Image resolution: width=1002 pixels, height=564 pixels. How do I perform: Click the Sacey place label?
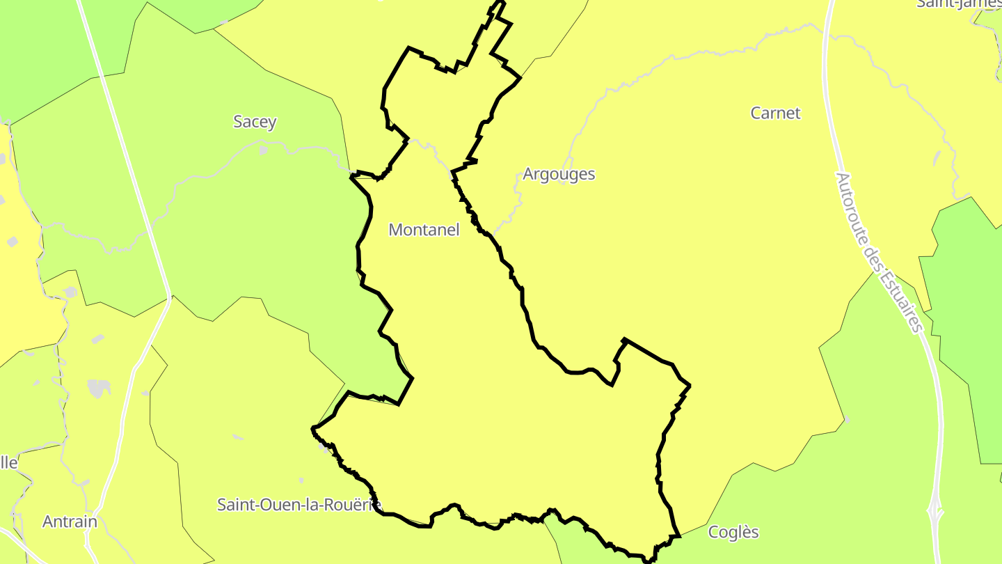click(x=255, y=122)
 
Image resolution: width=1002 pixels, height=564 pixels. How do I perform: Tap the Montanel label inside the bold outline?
click(x=424, y=230)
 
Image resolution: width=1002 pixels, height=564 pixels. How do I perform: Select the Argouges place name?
click(x=559, y=174)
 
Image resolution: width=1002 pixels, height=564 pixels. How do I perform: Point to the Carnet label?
click(x=775, y=113)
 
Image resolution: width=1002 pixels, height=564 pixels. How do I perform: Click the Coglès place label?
click(x=733, y=533)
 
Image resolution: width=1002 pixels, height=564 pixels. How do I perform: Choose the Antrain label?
click(x=70, y=522)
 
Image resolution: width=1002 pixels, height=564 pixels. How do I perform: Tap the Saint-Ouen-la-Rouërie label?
click(x=299, y=504)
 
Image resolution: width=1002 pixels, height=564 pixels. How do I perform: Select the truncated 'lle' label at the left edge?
click(x=9, y=462)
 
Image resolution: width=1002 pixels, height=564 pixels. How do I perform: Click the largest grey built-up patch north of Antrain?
click(x=99, y=389)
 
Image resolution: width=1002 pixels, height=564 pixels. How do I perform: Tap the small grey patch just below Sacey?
click(x=263, y=149)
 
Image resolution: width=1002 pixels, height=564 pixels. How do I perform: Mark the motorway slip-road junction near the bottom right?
click(x=937, y=512)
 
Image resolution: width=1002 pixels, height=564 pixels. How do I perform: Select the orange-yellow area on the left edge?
click(x=21, y=292)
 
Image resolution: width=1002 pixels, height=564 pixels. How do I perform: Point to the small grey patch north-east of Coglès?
click(x=846, y=420)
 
